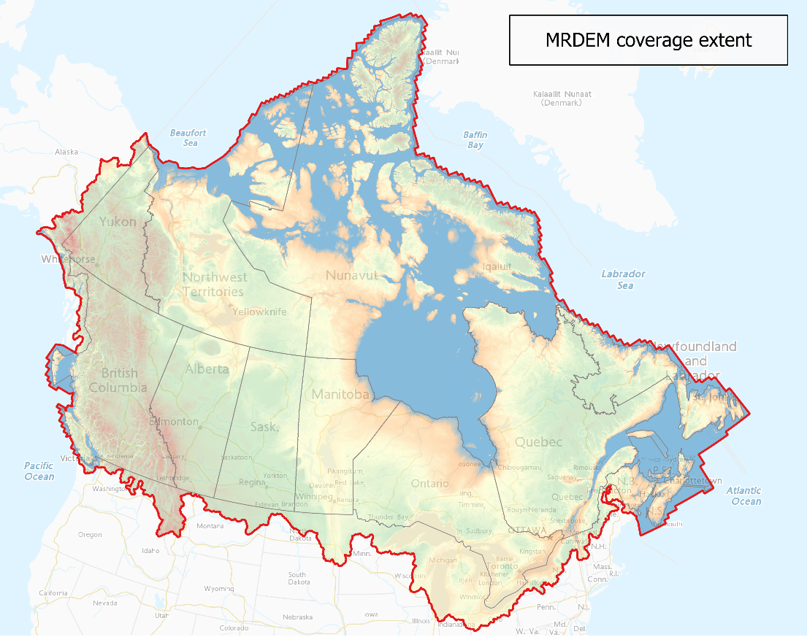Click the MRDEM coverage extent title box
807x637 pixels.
648,40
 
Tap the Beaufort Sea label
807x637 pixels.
188,138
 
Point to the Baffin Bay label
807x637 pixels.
475,140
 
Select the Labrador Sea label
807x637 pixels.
623,279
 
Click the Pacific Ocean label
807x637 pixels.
39,471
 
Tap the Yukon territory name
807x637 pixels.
118,221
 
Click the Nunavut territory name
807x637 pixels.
351,275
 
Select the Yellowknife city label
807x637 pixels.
259,312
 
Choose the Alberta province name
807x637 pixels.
207,368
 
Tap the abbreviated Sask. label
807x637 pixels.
264,426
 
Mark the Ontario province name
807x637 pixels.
429,484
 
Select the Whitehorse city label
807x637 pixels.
68,259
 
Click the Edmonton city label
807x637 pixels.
173,422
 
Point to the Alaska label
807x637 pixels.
66,152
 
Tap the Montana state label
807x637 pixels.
210,525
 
